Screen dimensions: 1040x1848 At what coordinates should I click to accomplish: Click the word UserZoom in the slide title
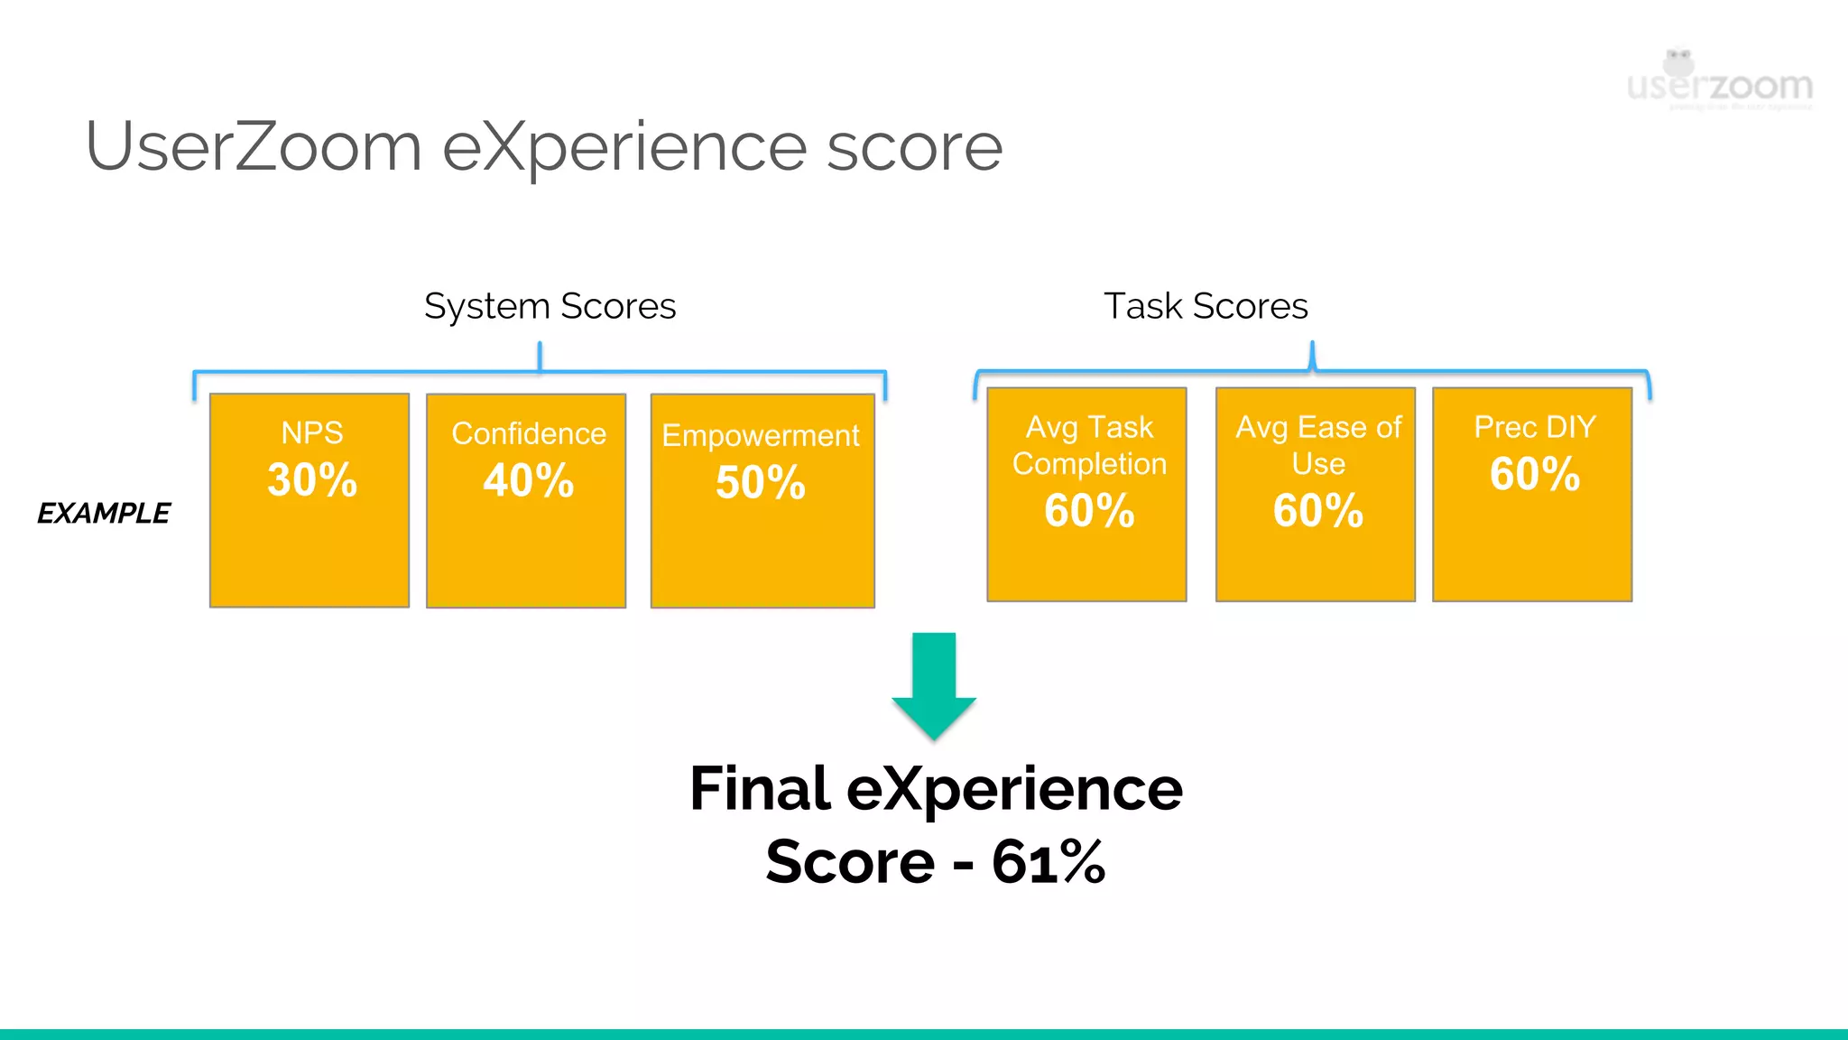tap(254, 146)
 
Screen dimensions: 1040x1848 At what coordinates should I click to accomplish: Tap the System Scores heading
tap(550, 306)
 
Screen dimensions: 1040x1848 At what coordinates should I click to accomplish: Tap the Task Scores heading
tap(1206, 306)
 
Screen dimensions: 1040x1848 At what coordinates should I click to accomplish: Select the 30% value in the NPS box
tap(312, 479)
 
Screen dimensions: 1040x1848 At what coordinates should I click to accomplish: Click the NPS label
tap(312, 433)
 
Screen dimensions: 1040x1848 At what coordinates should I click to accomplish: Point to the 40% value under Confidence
tap(529, 480)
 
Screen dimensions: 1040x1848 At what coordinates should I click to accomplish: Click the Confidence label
tap(529, 434)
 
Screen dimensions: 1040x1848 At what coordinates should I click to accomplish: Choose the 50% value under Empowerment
tap(761, 482)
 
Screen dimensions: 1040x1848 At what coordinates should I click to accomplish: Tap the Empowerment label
tap(761, 436)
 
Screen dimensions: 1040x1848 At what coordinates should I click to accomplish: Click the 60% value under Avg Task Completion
tap(1089, 511)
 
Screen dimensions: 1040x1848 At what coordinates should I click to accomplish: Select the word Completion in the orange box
tap(1089, 464)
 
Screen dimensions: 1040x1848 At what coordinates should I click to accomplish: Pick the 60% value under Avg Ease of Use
tap(1318, 511)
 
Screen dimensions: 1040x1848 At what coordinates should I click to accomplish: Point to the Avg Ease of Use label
tap(1318, 445)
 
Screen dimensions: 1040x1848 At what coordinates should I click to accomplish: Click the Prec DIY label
tap(1535, 427)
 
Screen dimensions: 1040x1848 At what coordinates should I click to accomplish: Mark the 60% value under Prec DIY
tap(1535, 474)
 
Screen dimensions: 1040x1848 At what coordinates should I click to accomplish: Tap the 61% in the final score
tap(1049, 862)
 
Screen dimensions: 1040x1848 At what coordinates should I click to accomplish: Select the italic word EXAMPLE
tap(104, 514)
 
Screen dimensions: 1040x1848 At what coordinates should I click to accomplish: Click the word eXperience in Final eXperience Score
tap(1014, 789)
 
